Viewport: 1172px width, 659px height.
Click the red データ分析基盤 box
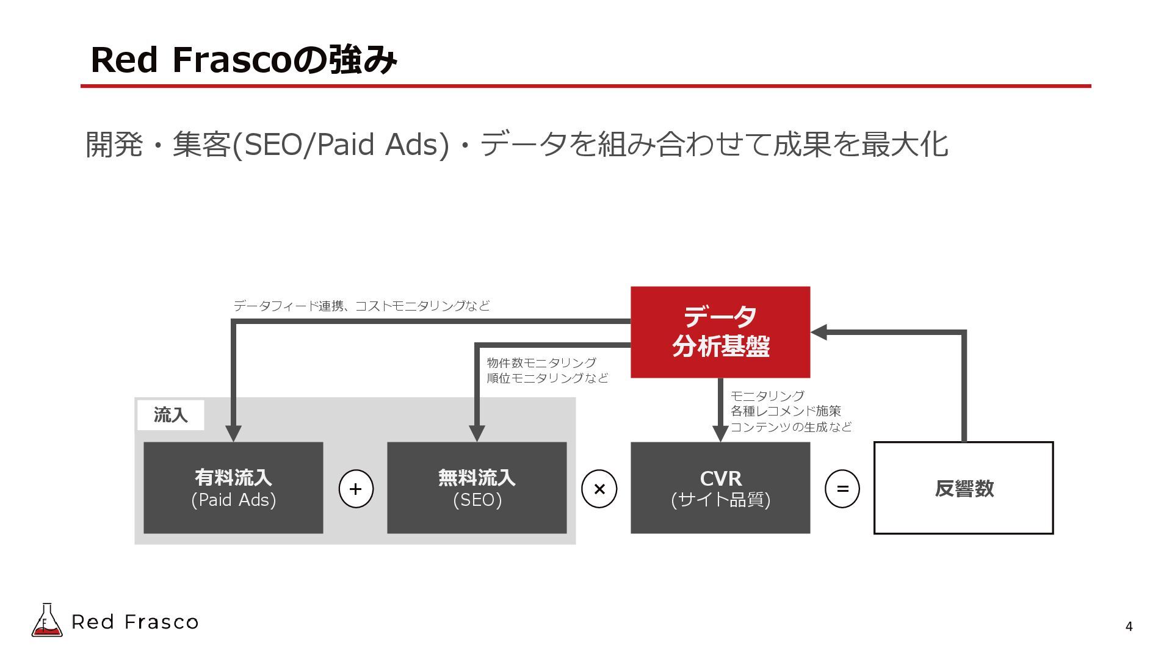click(720, 332)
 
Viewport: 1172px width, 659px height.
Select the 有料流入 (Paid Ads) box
click(233, 488)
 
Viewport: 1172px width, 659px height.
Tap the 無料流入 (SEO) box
click(477, 488)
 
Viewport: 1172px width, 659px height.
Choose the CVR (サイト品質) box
click(720, 488)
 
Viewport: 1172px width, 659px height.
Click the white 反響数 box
click(963, 488)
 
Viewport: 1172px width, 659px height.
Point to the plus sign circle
click(356, 489)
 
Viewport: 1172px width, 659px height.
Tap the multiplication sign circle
click(599, 489)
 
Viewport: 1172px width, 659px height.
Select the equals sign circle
click(842, 489)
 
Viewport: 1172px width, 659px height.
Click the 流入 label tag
click(170, 416)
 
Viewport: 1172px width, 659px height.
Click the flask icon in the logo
click(47, 621)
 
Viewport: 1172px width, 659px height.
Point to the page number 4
click(1129, 627)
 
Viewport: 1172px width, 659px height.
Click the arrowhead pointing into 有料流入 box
click(233, 433)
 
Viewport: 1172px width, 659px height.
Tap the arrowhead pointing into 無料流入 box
click(477, 433)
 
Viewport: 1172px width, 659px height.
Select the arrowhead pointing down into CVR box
click(720, 433)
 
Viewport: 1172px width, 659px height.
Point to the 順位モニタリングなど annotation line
click(548, 378)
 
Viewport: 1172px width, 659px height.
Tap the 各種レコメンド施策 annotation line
click(786, 411)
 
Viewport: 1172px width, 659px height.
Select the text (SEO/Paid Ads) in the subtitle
click(341, 145)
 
